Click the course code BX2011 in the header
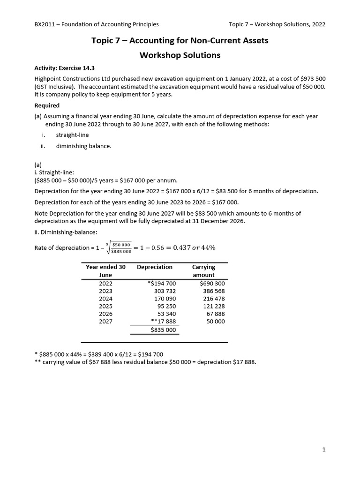coord(45,24)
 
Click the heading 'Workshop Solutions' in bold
coord(180,55)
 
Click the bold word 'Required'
coord(47,105)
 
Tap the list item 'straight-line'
coord(72,135)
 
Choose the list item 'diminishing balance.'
coord(84,146)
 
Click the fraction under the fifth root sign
coord(120,248)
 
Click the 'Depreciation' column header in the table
coord(155,267)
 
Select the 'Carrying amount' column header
coord(203,271)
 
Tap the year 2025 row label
coord(106,306)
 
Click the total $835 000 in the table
coord(163,330)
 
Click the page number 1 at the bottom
coord(323,450)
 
